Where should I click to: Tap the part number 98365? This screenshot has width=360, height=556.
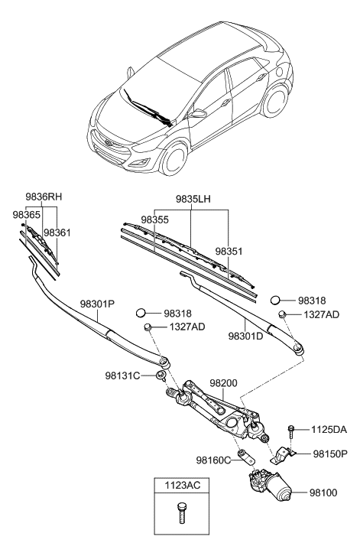26,216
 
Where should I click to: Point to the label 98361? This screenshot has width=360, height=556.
58,232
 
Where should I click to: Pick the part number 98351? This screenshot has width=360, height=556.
230,251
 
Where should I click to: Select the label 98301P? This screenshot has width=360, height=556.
96,304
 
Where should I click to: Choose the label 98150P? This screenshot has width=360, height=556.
330,454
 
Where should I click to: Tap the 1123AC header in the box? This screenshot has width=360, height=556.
182,486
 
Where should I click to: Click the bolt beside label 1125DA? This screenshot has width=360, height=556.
292,432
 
